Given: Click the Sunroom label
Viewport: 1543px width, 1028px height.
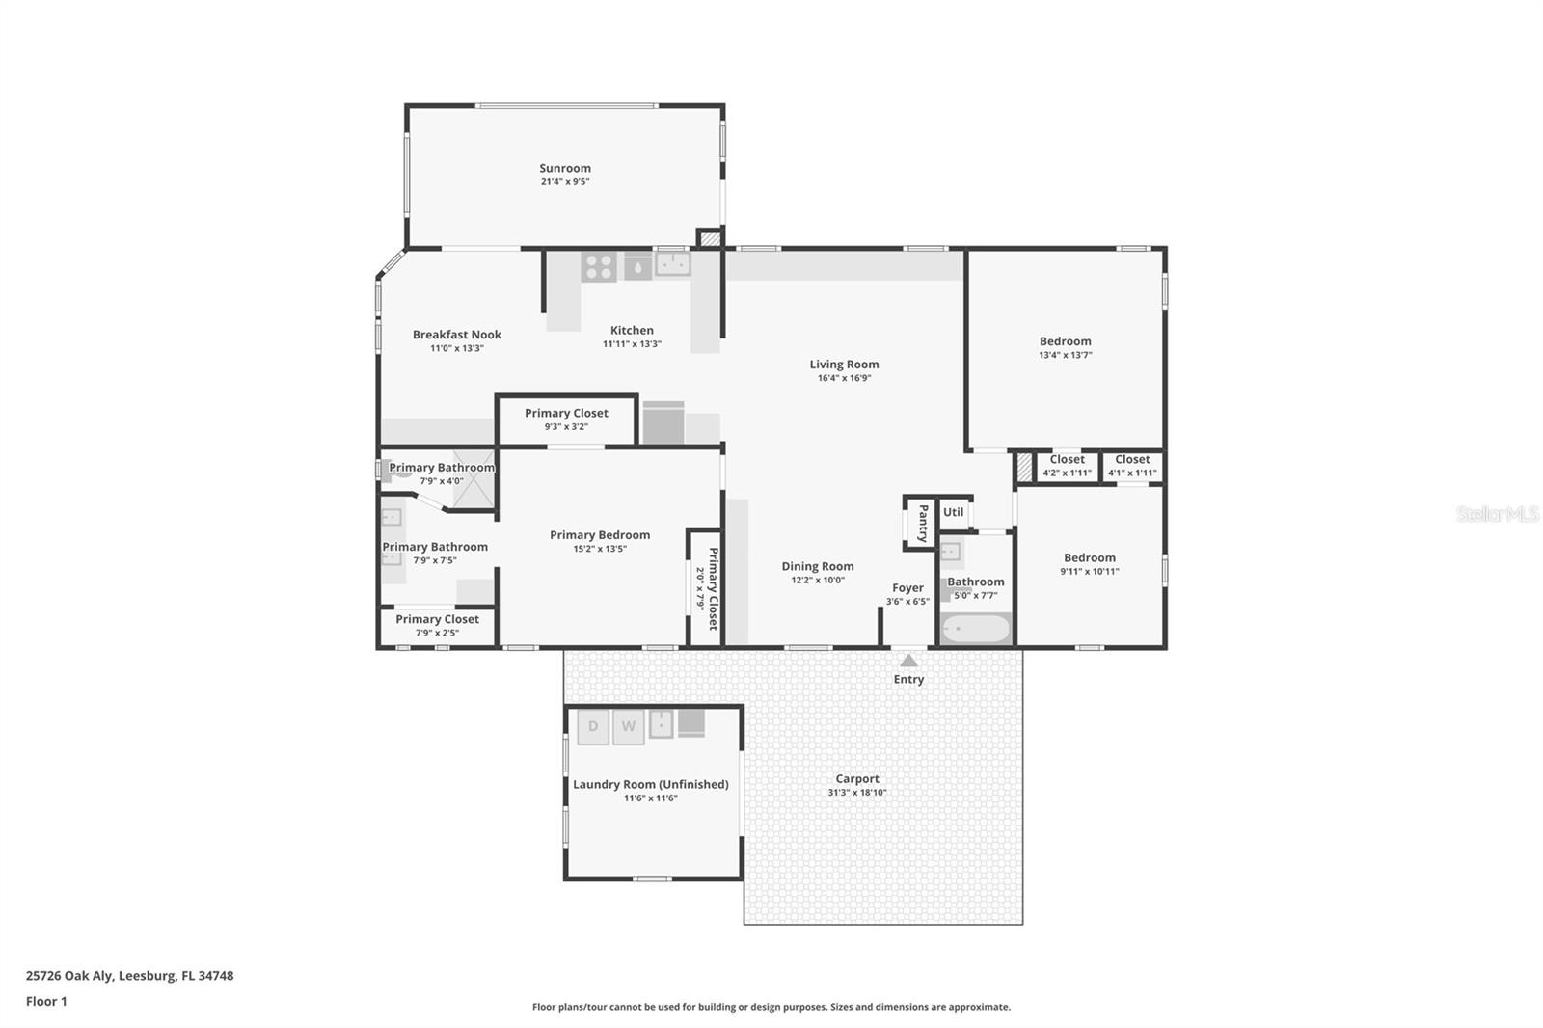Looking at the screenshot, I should [565, 168].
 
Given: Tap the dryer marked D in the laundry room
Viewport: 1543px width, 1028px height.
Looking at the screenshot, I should [593, 726].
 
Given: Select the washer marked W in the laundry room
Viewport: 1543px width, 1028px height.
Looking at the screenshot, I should [628, 726].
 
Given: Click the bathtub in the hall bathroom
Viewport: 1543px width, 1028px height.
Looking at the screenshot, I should [975, 630].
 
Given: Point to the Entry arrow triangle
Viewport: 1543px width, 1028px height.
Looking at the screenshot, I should [908, 661].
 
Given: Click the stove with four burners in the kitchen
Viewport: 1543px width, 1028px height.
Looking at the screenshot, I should [598, 266].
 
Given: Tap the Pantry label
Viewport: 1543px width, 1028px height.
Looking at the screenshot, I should [923, 523].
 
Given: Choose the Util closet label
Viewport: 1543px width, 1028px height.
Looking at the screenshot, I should [953, 512].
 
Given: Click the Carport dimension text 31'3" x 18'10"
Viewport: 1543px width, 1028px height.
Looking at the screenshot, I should [856, 793].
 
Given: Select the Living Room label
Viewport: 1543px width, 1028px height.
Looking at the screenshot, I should [844, 365].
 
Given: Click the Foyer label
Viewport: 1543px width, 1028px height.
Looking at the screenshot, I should [907, 587].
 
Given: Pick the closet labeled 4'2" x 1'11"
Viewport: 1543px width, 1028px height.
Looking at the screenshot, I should [1067, 466].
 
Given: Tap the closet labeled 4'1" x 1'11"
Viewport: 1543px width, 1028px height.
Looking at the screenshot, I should [1132, 466].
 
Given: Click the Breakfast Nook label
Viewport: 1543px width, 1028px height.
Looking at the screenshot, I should [457, 335].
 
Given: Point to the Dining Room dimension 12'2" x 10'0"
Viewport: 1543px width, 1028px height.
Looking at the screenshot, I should [818, 581].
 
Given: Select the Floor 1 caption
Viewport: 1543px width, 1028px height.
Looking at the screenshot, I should [46, 1001].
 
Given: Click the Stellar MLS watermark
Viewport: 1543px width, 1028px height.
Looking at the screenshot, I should [1498, 514].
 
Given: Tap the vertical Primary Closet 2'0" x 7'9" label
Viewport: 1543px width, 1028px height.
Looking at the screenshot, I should [706, 588].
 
